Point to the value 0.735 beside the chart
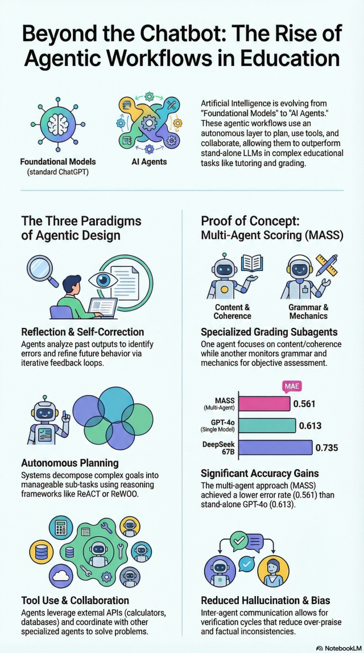326,448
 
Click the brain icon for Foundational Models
58,124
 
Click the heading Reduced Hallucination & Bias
266,601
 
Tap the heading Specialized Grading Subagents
268,332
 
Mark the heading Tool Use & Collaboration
75,601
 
